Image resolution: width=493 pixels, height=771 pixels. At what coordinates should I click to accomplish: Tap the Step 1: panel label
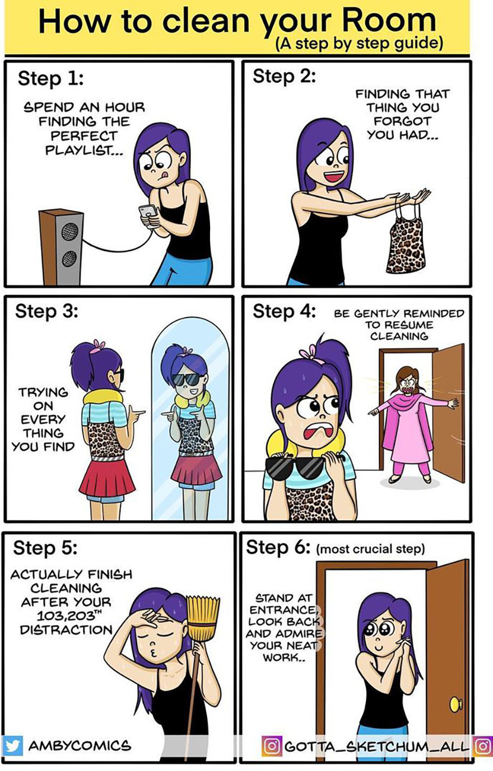[x=51, y=78]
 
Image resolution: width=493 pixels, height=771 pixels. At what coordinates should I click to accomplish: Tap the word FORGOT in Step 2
[x=402, y=120]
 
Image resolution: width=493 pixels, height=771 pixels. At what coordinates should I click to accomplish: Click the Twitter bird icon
[x=13, y=746]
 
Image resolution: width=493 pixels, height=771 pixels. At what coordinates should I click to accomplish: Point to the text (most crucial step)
[x=371, y=549]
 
